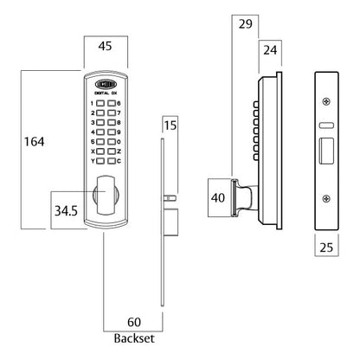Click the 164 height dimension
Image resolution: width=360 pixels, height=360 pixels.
32,141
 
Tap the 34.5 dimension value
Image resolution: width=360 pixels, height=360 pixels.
66,209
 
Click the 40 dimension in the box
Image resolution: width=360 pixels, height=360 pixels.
217,198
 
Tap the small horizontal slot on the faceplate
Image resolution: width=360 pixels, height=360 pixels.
325,125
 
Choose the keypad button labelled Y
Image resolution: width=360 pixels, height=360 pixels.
100,161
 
